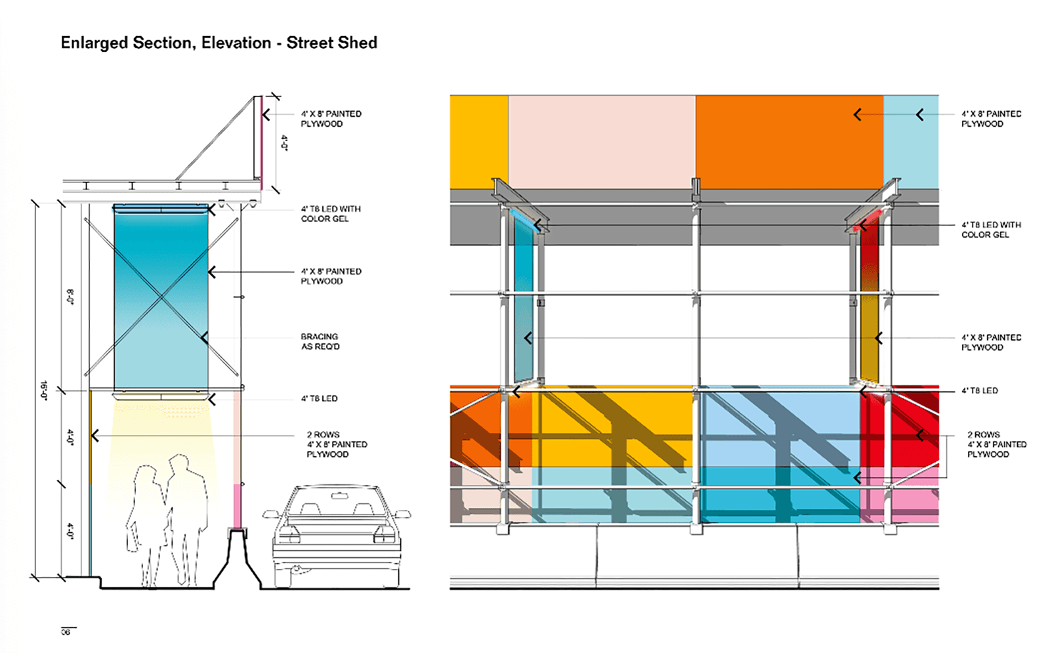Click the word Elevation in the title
[236, 43]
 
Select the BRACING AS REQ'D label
[320, 341]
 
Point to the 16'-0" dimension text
[44, 390]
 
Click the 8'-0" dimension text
[70, 297]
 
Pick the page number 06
[66, 632]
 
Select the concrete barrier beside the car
[237, 558]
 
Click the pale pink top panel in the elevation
[601, 141]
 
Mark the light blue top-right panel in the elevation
[911, 141]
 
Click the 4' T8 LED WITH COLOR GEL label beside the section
[331, 214]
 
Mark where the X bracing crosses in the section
[161, 297]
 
